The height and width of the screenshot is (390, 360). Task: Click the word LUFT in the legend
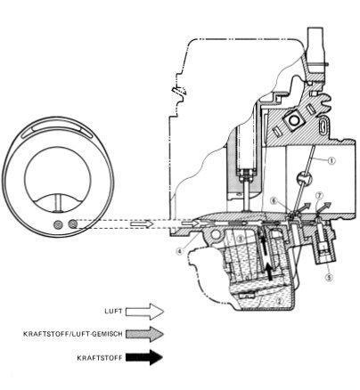tap(113, 312)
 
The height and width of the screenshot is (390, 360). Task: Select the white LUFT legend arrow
tap(144, 312)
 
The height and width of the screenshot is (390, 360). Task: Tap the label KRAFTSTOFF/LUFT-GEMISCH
tap(73, 334)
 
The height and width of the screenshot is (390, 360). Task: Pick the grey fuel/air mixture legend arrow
tap(144, 334)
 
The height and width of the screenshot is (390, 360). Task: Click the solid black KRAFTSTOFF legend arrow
tap(144, 357)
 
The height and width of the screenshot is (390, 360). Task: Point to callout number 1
tap(331, 160)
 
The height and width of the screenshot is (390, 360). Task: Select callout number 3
tap(241, 238)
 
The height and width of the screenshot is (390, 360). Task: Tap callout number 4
tap(179, 251)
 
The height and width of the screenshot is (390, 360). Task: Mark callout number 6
tap(274, 200)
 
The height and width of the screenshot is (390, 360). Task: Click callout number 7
tap(319, 196)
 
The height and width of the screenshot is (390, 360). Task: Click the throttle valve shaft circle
tap(304, 179)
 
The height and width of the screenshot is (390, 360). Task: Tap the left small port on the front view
tap(58, 224)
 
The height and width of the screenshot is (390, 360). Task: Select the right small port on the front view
tap(73, 223)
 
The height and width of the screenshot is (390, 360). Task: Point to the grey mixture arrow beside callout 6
tap(304, 207)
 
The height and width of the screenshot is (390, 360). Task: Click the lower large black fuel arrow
tap(269, 272)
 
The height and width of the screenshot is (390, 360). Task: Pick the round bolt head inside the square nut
tap(294, 120)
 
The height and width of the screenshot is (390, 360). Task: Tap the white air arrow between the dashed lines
tap(142, 223)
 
